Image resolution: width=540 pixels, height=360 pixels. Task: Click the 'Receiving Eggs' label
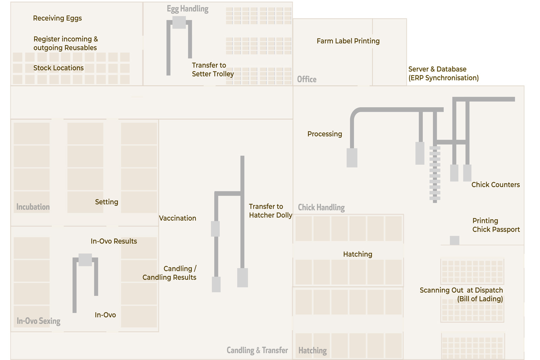[57, 18]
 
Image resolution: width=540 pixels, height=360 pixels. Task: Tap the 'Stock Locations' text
[59, 68]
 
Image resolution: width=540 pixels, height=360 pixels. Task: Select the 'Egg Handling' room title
[188, 9]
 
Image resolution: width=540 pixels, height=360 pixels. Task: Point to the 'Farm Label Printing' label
[348, 41]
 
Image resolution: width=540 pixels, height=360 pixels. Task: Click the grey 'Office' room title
[307, 79]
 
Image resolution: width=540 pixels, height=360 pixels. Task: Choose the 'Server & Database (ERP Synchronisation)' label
[443, 74]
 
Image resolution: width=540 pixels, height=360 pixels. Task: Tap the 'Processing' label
[325, 134]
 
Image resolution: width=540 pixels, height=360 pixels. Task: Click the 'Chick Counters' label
[496, 185]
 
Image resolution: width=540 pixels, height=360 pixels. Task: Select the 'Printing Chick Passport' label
[496, 225]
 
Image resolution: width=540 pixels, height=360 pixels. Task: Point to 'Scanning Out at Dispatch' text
[461, 290]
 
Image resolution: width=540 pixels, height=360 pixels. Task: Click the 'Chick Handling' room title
[321, 207]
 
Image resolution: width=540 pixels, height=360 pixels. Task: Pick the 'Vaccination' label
[178, 218]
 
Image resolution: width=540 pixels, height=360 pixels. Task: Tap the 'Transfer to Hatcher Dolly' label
[270, 211]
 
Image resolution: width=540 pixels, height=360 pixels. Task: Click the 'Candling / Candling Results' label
[169, 273]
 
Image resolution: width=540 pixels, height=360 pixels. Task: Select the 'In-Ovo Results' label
[114, 241]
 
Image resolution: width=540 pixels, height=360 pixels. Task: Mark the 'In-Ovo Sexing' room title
[38, 321]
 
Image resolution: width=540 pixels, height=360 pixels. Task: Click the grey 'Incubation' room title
[33, 207]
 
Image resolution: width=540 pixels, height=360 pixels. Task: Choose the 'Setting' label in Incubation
[107, 202]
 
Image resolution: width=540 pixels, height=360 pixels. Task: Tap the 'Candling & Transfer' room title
[257, 350]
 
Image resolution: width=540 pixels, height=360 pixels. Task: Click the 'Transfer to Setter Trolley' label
[213, 70]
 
